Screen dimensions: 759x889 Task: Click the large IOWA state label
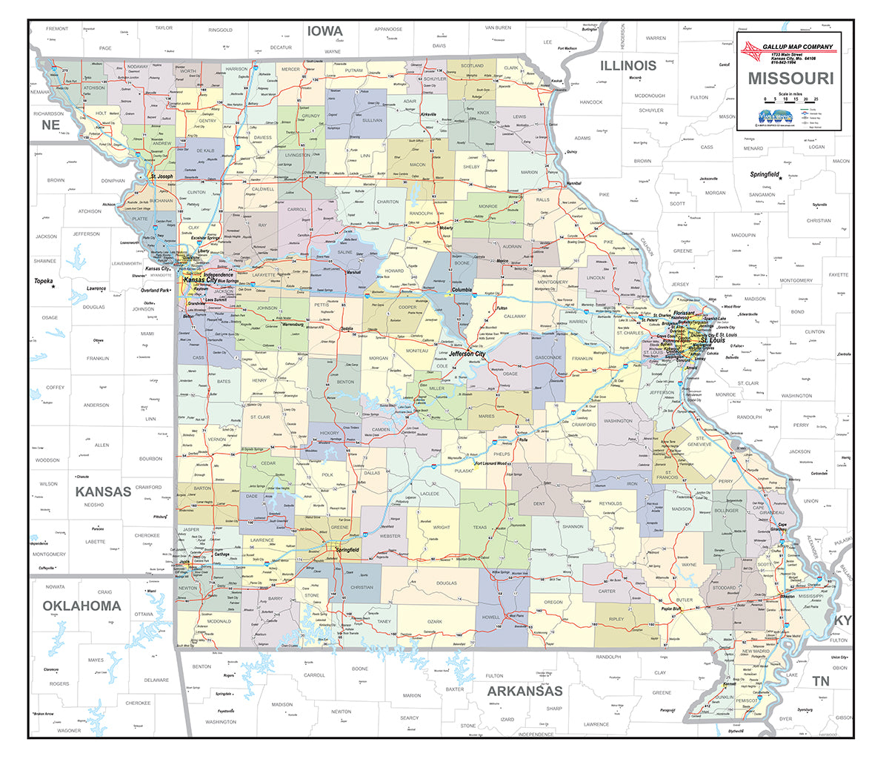click(x=326, y=31)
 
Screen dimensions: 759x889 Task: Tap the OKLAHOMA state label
click(x=81, y=606)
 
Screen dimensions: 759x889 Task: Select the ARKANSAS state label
click(x=525, y=691)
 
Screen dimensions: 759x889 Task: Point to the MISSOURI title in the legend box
click(x=790, y=78)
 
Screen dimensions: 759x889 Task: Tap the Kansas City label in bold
click(x=200, y=280)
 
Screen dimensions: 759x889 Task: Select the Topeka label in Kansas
click(x=44, y=282)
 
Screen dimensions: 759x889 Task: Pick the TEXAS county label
click(x=479, y=528)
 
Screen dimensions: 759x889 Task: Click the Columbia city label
click(x=457, y=290)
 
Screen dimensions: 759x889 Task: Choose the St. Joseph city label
click(x=162, y=176)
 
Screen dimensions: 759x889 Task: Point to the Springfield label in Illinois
click(x=764, y=174)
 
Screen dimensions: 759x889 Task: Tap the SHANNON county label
click(x=573, y=526)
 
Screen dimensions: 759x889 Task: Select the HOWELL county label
click(x=490, y=617)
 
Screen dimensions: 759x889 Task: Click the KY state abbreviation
click(x=842, y=620)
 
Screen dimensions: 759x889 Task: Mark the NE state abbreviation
click(x=50, y=125)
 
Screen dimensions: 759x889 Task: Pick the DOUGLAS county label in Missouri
click(x=447, y=583)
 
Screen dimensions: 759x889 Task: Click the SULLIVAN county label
click(x=372, y=120)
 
